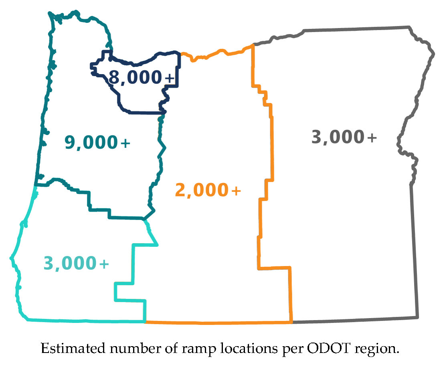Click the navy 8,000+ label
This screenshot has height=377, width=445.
click(142, 78)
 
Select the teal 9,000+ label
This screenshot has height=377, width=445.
click(97, 143)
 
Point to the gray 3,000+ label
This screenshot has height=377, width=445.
click(344, 137)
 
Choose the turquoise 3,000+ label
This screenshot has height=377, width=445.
click(76, 264)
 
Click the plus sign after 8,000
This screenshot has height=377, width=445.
click(170, 79)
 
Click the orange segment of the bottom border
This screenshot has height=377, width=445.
click(218, 322)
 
